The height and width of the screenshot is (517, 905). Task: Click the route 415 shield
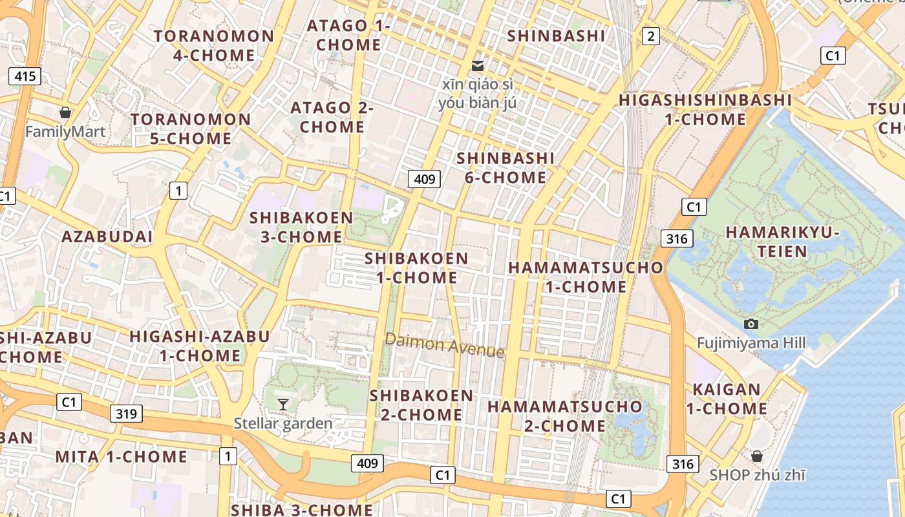pyautogui.click(x=25, y=76)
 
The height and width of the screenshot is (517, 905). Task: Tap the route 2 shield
pyautogui.click(x=651, y=36)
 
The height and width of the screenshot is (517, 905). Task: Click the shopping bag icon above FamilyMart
pyautogui.click(x=65, y=113)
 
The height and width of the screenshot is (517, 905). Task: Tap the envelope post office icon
pyautogui.click(x=478, y=65)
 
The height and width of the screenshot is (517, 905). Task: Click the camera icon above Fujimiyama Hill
pyautogui.click(x=751, y=324)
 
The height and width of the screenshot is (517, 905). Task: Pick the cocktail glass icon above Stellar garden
pyautogui.click(x=282, y=405)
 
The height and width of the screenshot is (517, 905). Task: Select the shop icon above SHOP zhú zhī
pyautogui.click(x=757, y=456)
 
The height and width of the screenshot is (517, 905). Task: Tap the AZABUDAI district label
pyautogui.click(x=107, y=237)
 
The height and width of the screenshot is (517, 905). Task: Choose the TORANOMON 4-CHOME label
pyautogui.click(x=214, y=45)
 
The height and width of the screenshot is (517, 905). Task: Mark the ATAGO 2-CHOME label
pyautogui.click(x=332, y=117)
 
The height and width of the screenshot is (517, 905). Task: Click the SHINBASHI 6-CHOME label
pyautogui.click(x=506, y=167)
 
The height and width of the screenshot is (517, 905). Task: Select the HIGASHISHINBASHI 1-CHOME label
pyautogui.click(x=705, y=110)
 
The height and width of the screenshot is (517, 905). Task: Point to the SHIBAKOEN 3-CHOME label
pyautogui.click(x=301, y=227)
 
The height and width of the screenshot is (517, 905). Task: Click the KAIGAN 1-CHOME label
pyautogui.click(x=727, y=399)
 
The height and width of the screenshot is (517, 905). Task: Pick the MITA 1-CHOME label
pyautogui.click(x=121, y=457)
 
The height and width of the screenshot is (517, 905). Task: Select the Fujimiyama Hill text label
pyautogui.click(x=751, y=343)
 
